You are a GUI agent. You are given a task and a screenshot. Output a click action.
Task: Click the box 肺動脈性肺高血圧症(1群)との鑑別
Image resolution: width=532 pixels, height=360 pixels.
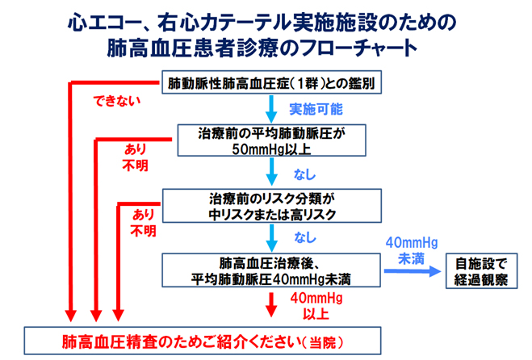click(x=271, y=82)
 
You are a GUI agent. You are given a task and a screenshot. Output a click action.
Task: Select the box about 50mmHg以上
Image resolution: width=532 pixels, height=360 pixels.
click(x=271, y=140)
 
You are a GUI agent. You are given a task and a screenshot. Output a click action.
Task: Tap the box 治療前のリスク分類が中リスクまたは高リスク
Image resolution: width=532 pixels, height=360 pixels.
click(x=272, y=206)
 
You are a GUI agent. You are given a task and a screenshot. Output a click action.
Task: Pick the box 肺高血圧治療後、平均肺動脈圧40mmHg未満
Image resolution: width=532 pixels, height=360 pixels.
click(x=271, y=270)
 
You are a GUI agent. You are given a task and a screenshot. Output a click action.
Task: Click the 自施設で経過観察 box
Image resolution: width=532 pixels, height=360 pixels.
click(x=481, y=270)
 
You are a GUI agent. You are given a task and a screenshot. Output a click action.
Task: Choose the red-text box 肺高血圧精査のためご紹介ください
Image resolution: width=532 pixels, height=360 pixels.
click(x=203, y=341)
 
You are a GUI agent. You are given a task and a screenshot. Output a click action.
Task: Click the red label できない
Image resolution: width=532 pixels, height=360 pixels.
click(x=117, y=101)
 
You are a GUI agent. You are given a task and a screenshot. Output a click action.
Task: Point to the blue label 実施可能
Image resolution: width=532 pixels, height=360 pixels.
click(x=316, y=109)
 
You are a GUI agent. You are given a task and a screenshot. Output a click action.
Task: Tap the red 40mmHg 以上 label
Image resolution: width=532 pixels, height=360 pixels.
click(x=316, y=306)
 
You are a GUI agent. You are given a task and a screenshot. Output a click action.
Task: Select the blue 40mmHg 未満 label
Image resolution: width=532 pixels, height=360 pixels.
click(x=412, y=250)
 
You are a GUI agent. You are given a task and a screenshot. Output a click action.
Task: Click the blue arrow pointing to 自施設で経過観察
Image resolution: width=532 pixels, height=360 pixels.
click(x=413, y=271)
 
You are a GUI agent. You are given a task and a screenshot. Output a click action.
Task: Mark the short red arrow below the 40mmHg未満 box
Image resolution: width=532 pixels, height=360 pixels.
click(x=271, y=304)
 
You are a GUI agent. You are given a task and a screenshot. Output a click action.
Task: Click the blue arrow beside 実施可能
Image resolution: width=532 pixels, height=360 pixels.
click(x=271, y=109)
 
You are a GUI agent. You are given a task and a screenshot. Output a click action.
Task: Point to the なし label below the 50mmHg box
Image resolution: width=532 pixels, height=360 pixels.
click(x=304, y=174)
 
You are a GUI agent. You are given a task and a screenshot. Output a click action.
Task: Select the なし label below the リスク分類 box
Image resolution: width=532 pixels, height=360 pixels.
click(x=305, y=237)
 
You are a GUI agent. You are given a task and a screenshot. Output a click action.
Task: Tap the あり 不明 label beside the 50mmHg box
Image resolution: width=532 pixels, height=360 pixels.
click(x=136, y=157)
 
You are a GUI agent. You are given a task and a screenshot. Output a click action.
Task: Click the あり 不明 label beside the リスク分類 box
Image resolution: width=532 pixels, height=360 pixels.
click(x=143, y=223)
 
